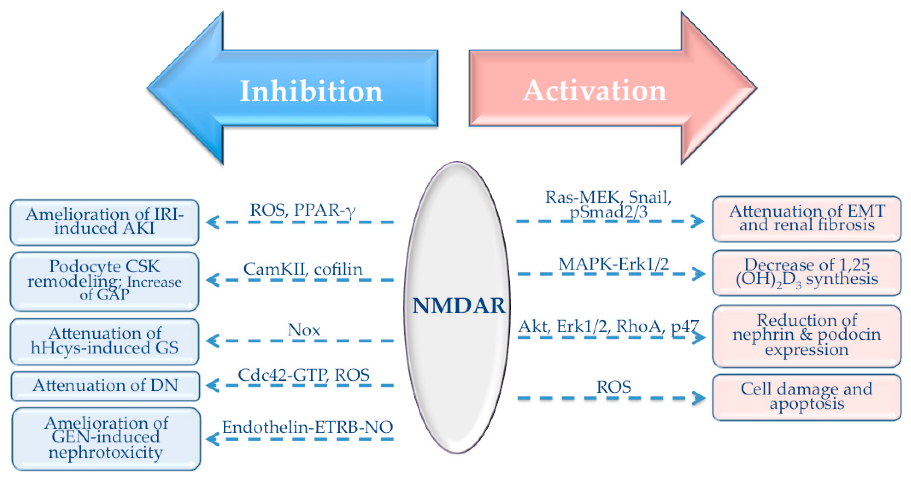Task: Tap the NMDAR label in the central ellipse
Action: pos(459,306)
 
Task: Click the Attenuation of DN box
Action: pos(105,386)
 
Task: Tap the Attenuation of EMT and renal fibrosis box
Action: pos(807,219)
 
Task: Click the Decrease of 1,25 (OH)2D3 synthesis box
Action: pos(807,273)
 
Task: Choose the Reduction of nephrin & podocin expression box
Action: pos(807,336)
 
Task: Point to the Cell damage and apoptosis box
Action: pos(807,397)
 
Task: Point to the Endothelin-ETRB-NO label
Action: pos(307,427)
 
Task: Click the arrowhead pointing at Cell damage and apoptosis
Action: pos(699,398)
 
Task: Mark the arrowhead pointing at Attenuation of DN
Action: pos(212,385)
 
